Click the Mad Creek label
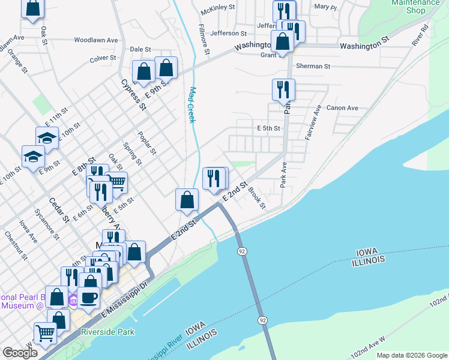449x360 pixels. [x=193, y=106]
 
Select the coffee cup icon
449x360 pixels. [x=89, y=298]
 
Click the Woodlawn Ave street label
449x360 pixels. [x=96, y=40]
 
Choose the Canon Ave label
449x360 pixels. [x=342, y=108]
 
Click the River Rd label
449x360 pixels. [x=420, y=35]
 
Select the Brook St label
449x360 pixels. [x=257, y=198]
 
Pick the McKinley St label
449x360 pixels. [x=217, y=11]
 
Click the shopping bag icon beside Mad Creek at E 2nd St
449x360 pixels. [x=187, y=199]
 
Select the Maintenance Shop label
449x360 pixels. [x=416, y=6]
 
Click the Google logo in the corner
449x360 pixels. [x=20, y=353]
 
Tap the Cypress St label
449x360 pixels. [x=133, y=95]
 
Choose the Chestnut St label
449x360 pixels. [x=16, y=246]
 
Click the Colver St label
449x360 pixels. [x=103, y=59]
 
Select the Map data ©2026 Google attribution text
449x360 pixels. [x=412, y=355]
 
